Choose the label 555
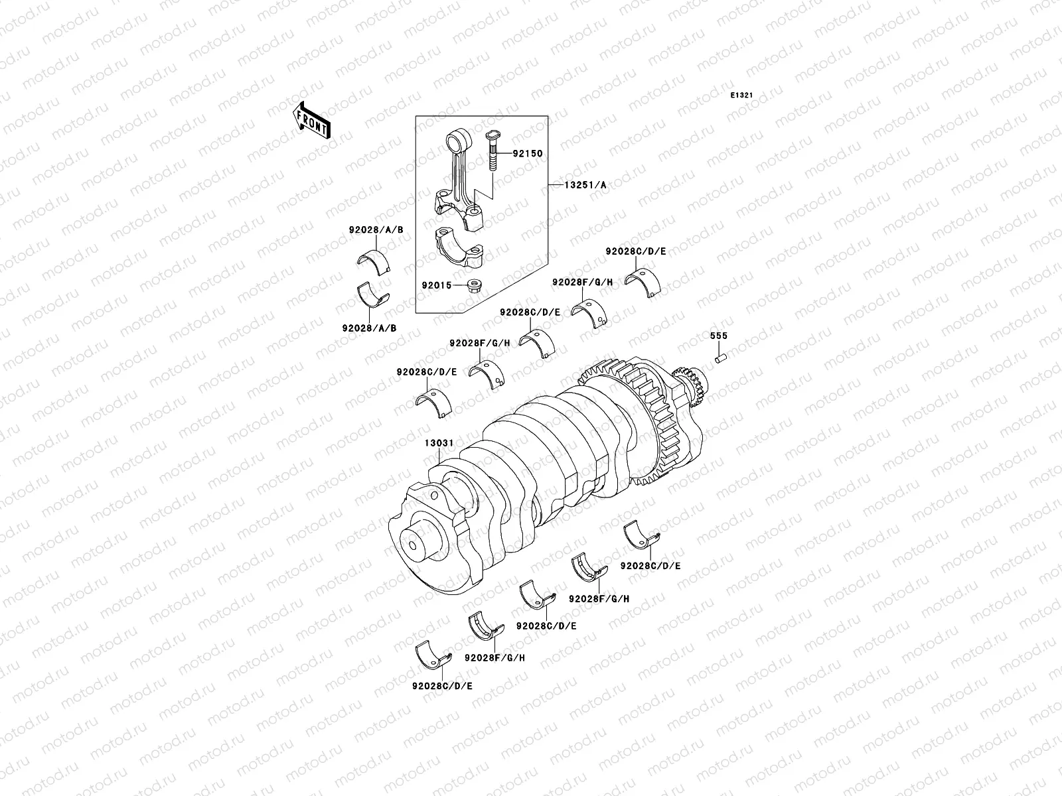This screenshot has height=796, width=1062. pos(718,336)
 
